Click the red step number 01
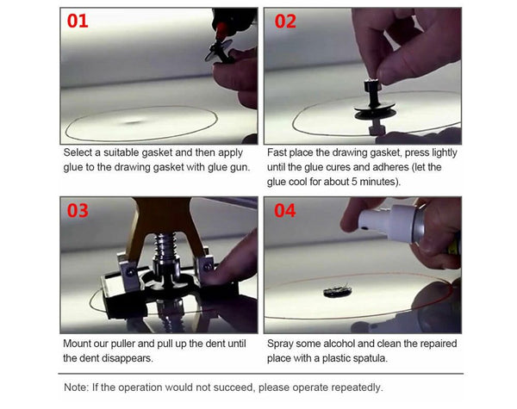(x=78, y=21)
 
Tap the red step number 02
(x=282, y=21)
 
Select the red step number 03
(x=78, y=210)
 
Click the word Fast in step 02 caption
(x=280, y=152)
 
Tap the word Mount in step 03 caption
(x=80, y=342)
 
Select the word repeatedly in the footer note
(x=353, y=387)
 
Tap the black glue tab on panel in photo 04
(x=337, y=291)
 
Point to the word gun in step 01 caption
(x=238, y=167)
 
